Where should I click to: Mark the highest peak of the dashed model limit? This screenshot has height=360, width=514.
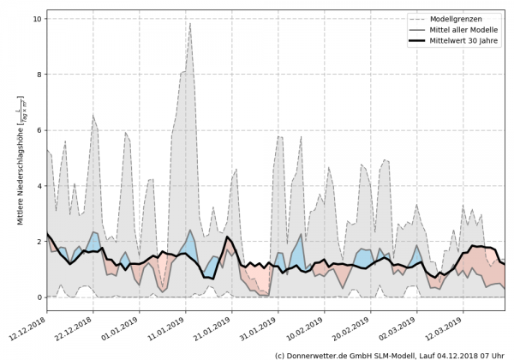coord(190,23)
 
